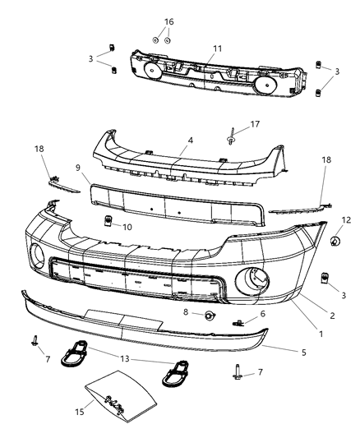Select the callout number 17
point(255,125)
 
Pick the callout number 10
point(127,227)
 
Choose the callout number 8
point(187,313)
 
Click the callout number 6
point(263,314)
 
